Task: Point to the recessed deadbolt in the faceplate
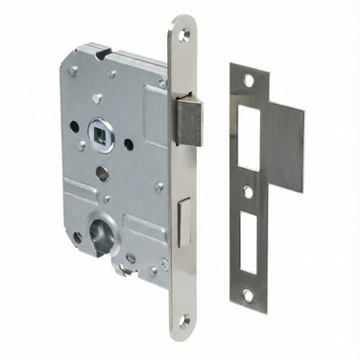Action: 183,213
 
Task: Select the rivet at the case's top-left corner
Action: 74,70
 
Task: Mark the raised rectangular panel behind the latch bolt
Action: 154,106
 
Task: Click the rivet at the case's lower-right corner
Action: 163,262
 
